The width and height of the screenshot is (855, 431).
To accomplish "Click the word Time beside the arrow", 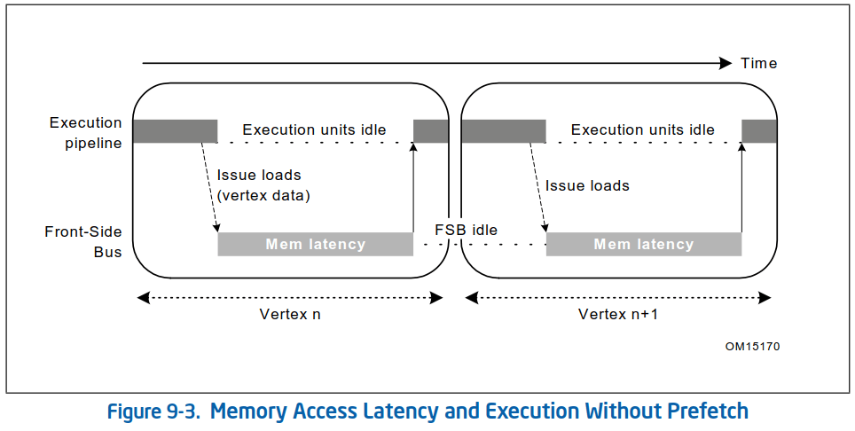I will (758, 63).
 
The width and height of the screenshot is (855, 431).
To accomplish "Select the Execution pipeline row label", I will (85, 131).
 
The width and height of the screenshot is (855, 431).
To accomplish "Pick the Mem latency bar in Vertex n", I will (315, 244).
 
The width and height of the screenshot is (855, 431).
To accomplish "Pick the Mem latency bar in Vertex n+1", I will (643, 244).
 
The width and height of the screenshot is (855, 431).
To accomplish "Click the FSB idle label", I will (466, 230).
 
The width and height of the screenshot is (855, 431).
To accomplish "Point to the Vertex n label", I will (289, 314).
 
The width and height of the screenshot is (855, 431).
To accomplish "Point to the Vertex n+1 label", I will (617, 314).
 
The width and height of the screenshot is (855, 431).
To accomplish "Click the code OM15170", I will (752, 347).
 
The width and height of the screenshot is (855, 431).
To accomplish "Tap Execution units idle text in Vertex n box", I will (314, 129).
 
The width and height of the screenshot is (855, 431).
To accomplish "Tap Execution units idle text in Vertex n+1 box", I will (642, 129).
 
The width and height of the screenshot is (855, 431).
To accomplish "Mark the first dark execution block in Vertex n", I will (175, 131).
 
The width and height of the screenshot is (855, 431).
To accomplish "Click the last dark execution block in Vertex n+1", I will (759, 131).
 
